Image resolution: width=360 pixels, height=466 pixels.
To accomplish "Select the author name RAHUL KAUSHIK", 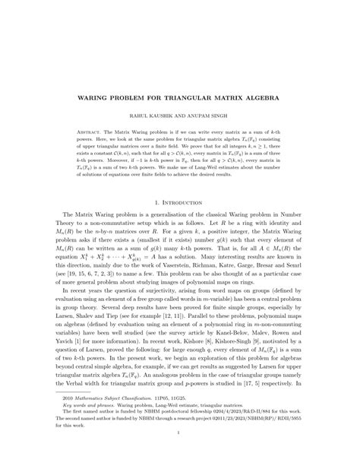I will pos(149,119).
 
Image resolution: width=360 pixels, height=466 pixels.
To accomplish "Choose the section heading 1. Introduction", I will pos(179,203).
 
